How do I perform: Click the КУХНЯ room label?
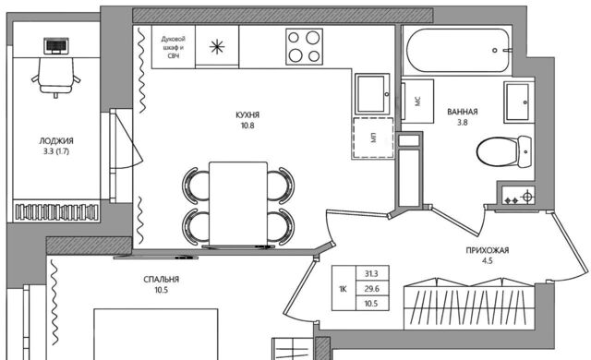[247, 114]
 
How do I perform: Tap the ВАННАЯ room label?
[463, 112]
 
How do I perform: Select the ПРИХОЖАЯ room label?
[488, 250]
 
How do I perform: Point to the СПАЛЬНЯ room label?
[161, 280]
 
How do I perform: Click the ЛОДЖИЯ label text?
[56, 141]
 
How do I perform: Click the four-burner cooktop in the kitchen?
[304, 47]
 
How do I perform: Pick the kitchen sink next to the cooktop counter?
[372, 94]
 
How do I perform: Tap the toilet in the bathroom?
[504, 151]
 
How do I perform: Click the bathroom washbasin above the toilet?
[519, 102]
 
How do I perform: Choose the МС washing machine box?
[417, 101]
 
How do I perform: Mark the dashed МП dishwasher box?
[373, 138]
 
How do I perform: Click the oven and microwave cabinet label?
[174, 47]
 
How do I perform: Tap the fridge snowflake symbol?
[217, 47]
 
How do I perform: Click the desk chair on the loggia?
[55, 78]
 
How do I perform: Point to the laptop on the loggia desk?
[56, 46]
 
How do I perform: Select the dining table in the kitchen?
[238, 204]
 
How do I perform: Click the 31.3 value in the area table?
[371, 274]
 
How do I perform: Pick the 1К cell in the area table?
[343, 289]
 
